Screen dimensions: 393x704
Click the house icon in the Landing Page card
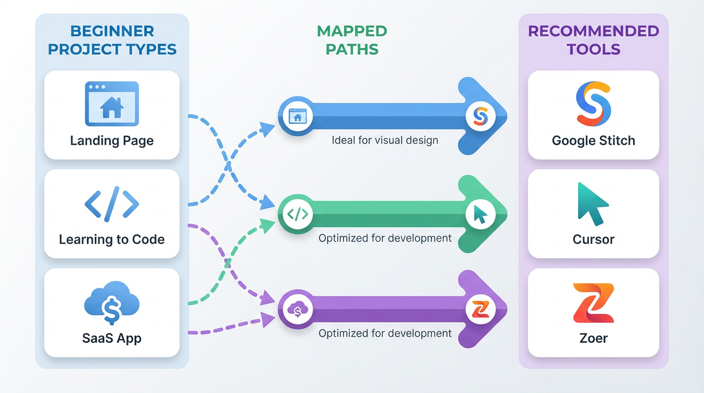click(x=112, y=105)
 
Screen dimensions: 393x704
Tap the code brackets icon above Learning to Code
click(x=112, y=204)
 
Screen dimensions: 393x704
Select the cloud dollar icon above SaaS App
click(x=112, y=303)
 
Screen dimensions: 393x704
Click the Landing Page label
click(x=112, y=141)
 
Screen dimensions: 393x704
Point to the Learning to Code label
click(x=112, y=239)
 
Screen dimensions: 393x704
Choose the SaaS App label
click(x=112, y=338)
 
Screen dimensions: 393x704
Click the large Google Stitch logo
click(x=593, y=104)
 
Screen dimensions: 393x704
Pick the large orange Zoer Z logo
click(x=593, y=303)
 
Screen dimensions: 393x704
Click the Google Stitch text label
click(x=593, y=141)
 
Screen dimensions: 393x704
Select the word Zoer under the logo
click(x=593, y=338)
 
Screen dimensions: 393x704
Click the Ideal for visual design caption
click(x=385, y=140)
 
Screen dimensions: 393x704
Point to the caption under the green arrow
click(x=385, y=238)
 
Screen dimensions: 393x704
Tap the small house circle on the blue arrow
click(x=296, y=117)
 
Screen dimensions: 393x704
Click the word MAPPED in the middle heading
click(x=352, y=31)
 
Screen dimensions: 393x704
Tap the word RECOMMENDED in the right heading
click(x=593, y=31)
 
